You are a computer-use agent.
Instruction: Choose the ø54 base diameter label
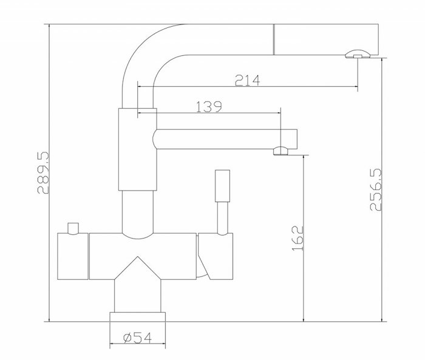(x=137, y=337)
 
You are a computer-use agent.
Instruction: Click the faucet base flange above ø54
(x=137, y=316)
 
